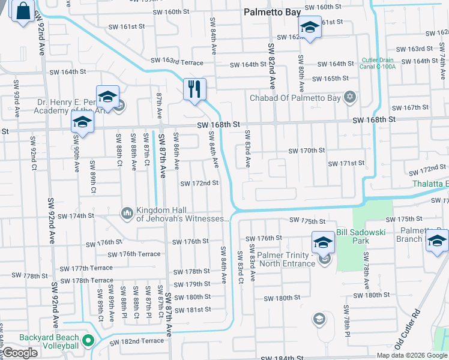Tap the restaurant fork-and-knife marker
tap(194, 89)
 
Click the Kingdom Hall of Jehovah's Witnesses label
tap(183, 215)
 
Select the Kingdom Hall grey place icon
tap(127, 213)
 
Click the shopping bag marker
tap(23, 11)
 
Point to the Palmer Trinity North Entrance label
tap(285, 260)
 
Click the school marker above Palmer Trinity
tap(323, 242)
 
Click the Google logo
tap(20, 353)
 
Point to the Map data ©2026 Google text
tap(411, 355)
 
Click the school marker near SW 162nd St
tap(310, 27)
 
